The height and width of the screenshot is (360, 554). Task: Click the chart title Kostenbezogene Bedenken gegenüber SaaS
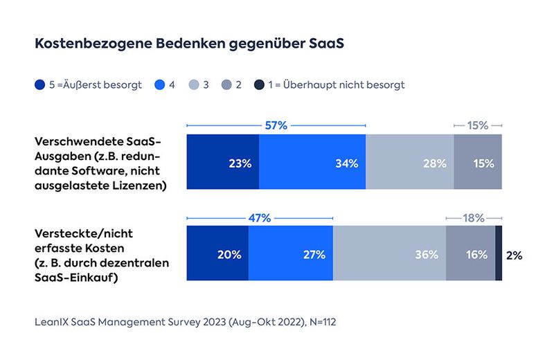coord(190,43)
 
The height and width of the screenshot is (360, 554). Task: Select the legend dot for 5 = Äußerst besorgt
coord(40,85)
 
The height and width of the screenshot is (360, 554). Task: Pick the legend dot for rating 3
coord(193,85)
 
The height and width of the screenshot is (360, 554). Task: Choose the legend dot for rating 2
coord(226,85)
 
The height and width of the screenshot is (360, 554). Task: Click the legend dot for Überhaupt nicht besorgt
coord(258,85)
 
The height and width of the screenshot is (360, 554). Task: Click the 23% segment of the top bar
coord(223,163)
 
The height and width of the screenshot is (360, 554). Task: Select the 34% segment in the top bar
coord(312,163)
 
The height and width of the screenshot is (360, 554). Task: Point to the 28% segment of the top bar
coord(410,163)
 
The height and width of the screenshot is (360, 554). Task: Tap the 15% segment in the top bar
coord(478,163)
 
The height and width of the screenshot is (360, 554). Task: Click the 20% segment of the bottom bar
coord(217,253)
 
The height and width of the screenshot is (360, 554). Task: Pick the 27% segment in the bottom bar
coord(290,253)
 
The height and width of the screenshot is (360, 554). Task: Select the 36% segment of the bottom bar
coord(389,253)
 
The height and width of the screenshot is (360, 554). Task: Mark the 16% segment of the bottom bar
coord(470,253)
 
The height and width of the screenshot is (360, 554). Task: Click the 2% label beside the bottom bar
coord(514,255)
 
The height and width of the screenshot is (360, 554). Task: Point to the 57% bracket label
coord(276,126)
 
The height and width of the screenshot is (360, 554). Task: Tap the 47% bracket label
coord(259,217)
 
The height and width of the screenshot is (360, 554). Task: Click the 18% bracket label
coord(474,217)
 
